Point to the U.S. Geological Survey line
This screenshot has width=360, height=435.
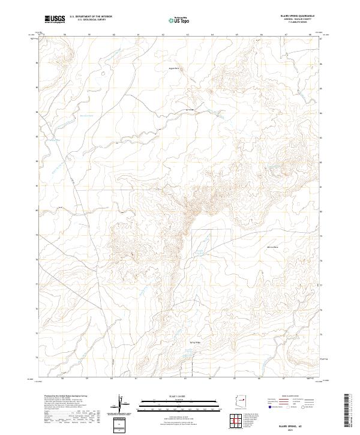point(91,21)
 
